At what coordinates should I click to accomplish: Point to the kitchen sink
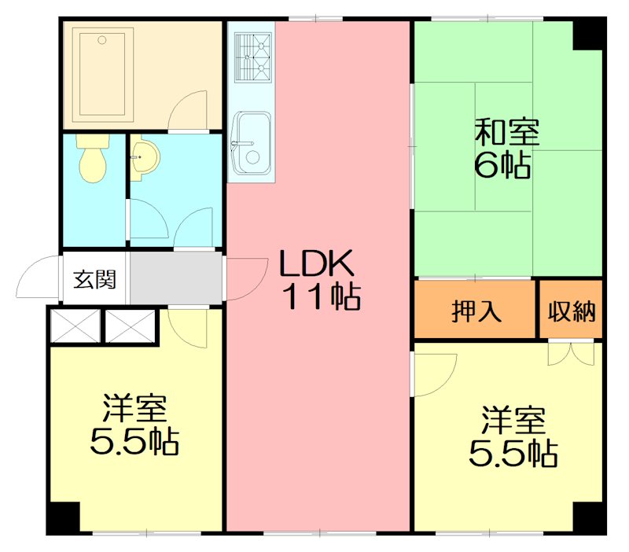[252, 146]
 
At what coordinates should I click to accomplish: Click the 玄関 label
[95, 279]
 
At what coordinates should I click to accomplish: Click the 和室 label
[506, 132]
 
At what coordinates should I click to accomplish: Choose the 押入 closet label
[476, 311]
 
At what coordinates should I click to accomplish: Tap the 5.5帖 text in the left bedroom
[134, 443]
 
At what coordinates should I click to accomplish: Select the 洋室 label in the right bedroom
[513, 420]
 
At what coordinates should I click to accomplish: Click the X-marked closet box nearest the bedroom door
[131, 326]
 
